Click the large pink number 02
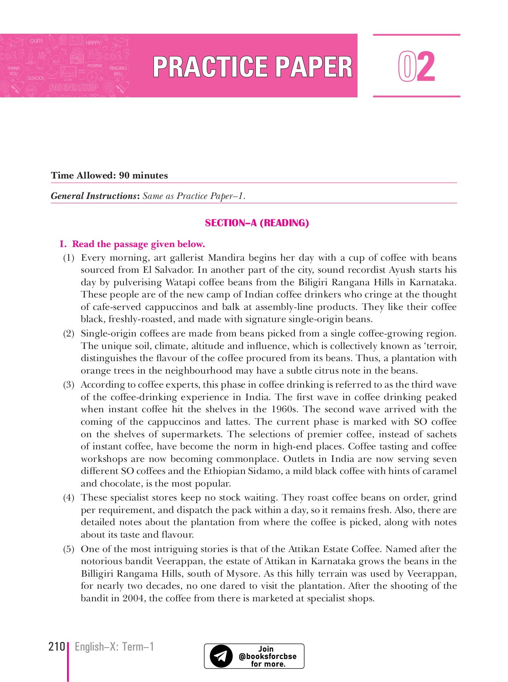416,67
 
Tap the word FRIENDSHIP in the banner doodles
74,88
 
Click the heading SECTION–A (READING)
257,223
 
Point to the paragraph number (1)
69,258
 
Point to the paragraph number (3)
69,385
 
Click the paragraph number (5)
69,549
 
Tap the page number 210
56,646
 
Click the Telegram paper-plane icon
221,656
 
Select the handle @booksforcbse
268,656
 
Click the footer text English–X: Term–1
114,646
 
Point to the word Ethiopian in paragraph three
226,471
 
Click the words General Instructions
94,196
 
